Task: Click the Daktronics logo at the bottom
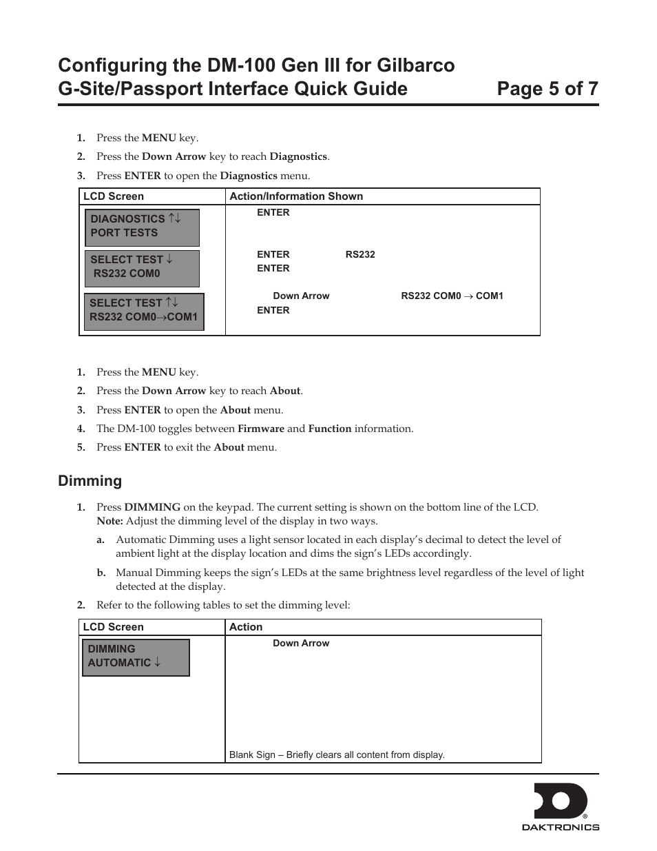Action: pyautogui.click(x=560, y=806)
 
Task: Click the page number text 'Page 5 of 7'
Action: pyautogui.click(x=547, y=89)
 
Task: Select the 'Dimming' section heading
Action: pyautogui.click(x=90, y=481)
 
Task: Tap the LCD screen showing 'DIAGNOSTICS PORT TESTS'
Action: pyautogui.click(x=142, y=227)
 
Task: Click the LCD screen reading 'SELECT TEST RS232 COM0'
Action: pyautogui.click(x=142, y=267)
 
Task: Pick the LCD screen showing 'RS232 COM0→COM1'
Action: pyautogui.click(x=144, y=311)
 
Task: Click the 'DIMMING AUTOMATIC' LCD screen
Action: pyautogui.click(x=136, y=657)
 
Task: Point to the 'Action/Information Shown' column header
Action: pyautogui.click(x=296, y=196)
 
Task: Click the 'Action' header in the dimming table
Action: pyautogui.click(x=246, y=627)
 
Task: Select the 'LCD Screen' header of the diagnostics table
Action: pyautogui.click(x=114, y=196)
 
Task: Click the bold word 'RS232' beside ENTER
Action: pyautogui.click(x=360, y=254)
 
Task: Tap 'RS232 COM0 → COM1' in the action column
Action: pyautogui.click(x=452, y=296)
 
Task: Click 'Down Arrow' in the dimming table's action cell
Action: pyautogui.click(x=301, y=643)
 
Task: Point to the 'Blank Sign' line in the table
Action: pyautogui.click(x=337, y=755)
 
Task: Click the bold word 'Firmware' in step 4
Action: pyautogui.click(x=260, y=429)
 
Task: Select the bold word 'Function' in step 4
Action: pyautogui.click(x=329, y=429)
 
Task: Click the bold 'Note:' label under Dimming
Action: pyautogui.click(x=109, y=521)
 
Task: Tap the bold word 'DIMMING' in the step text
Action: pyautogui.click(x=152, y=507)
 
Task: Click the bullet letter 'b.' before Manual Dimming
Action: pyautogui.click(x=101, y=573)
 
